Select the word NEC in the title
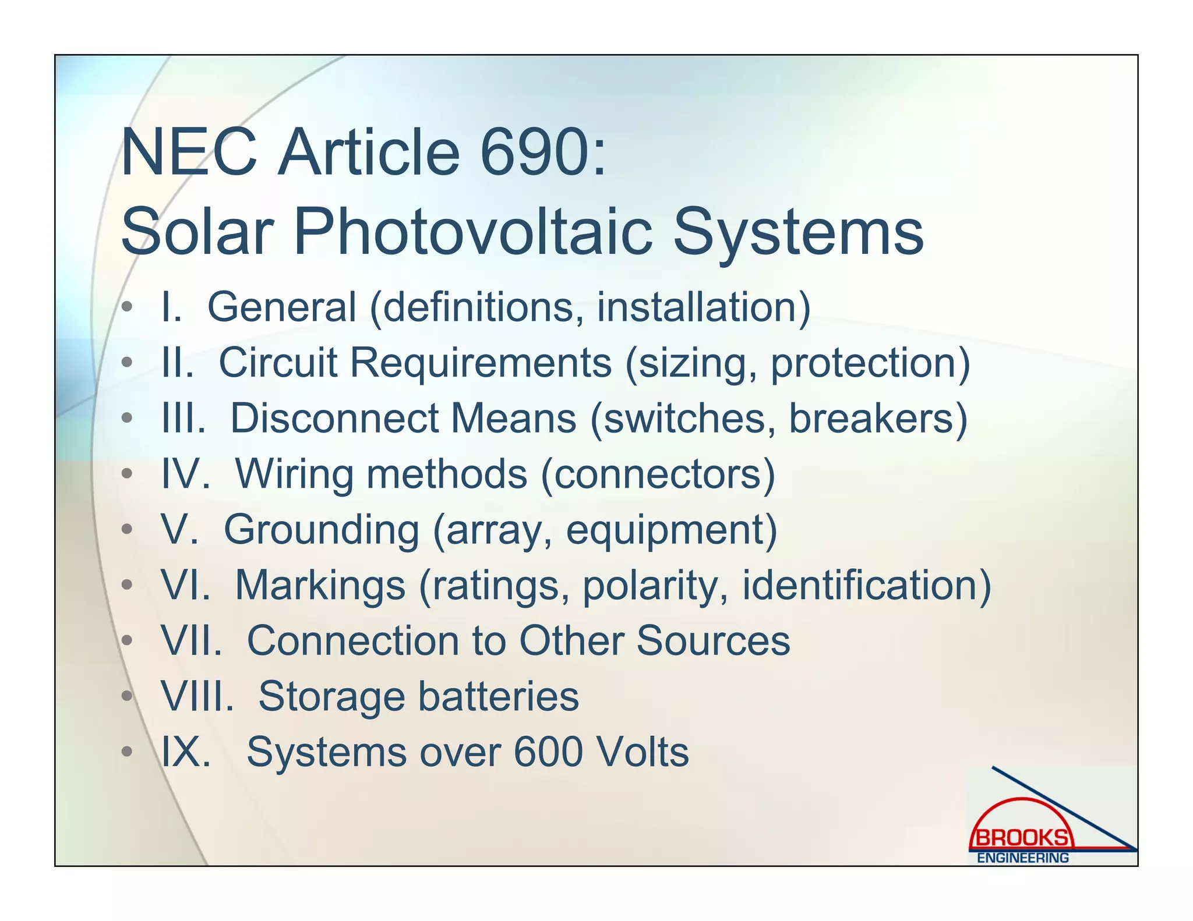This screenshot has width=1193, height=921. click(189, 153)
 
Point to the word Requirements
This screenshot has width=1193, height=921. click(481, 363)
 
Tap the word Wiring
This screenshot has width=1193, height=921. click(294, 474)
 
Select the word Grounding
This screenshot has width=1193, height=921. click(321, 530)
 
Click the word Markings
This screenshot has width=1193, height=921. click(320, 585)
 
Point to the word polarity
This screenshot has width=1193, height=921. click(655, 585)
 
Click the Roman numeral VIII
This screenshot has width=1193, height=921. click(197, 696)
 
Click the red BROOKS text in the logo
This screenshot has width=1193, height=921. click(1022, 838)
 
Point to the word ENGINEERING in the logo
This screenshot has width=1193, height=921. click(1023, 858)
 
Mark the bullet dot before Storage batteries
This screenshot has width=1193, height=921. click(127, 696)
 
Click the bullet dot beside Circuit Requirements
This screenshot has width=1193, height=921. click(127, 363)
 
